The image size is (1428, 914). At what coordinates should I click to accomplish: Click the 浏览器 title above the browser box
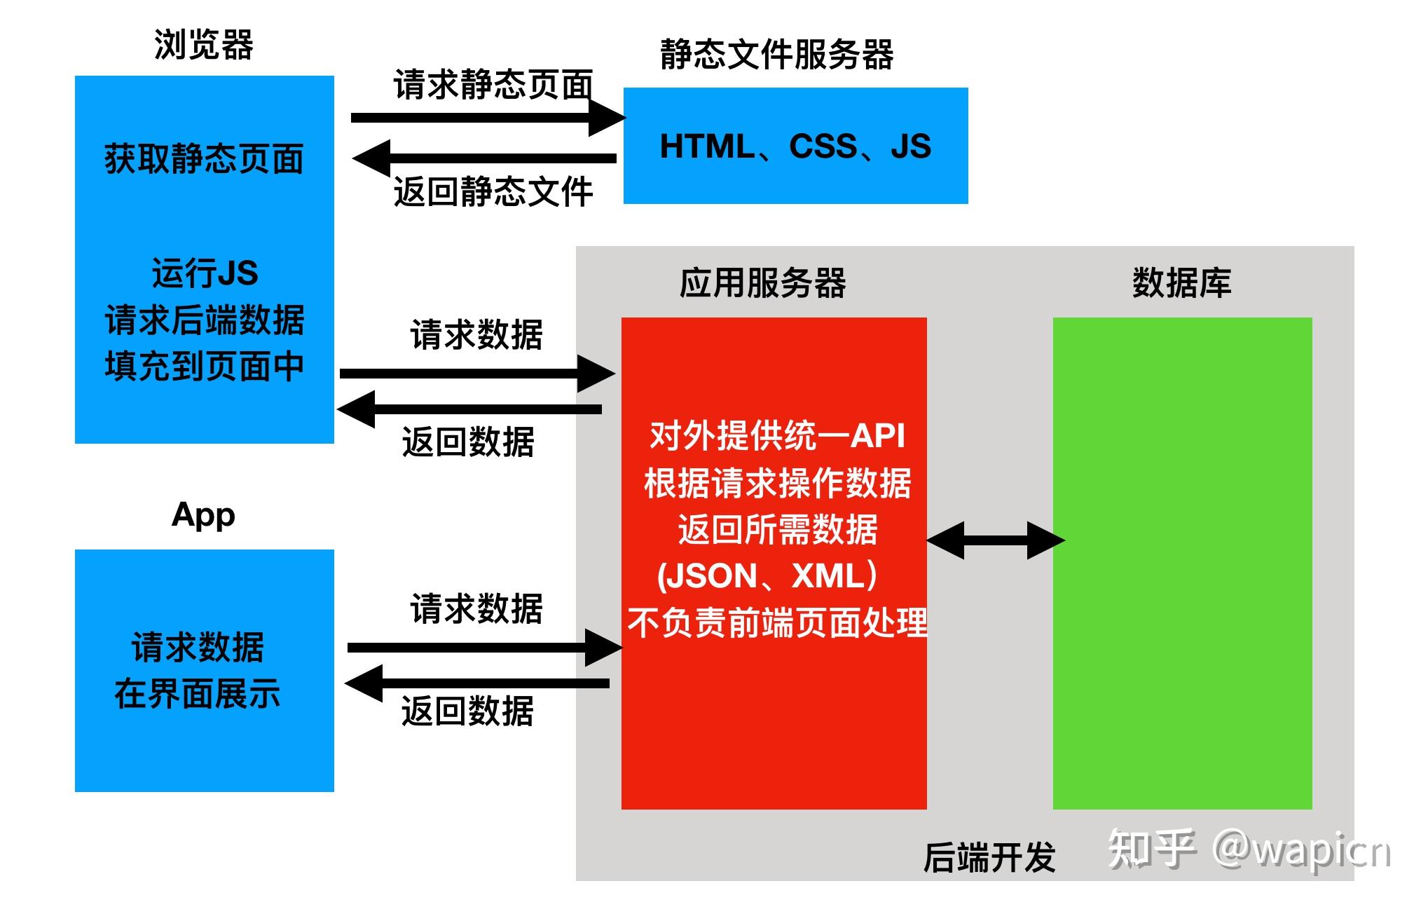point(203,45)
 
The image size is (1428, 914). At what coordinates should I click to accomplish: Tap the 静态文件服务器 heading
point(776,55)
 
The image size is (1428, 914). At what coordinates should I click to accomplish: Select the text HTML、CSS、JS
point(795,146)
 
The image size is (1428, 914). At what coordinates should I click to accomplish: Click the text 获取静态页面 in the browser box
point(204,159)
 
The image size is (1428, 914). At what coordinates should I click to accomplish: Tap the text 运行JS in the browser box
point(205,273)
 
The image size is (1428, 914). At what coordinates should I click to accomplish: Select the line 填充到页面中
point(204,367)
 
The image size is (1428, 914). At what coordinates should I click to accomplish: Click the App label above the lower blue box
point(203,515)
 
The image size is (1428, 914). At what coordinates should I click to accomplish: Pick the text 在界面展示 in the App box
point(198,694)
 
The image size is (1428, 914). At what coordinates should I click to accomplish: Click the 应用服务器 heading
point(762,284)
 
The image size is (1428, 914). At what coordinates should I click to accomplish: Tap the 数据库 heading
point(1181,284)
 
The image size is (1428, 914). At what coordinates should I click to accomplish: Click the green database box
point(1182,631)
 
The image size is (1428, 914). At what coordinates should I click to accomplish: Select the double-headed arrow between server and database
point(995,540)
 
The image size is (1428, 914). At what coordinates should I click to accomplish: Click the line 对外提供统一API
point(777,436)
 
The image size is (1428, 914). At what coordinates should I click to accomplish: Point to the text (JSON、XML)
point(767,576)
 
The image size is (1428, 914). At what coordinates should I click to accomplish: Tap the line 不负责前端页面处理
point(777,623)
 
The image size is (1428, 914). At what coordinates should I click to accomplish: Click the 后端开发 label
point(989,858)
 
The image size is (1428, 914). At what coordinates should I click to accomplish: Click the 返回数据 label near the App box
point(467,711)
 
